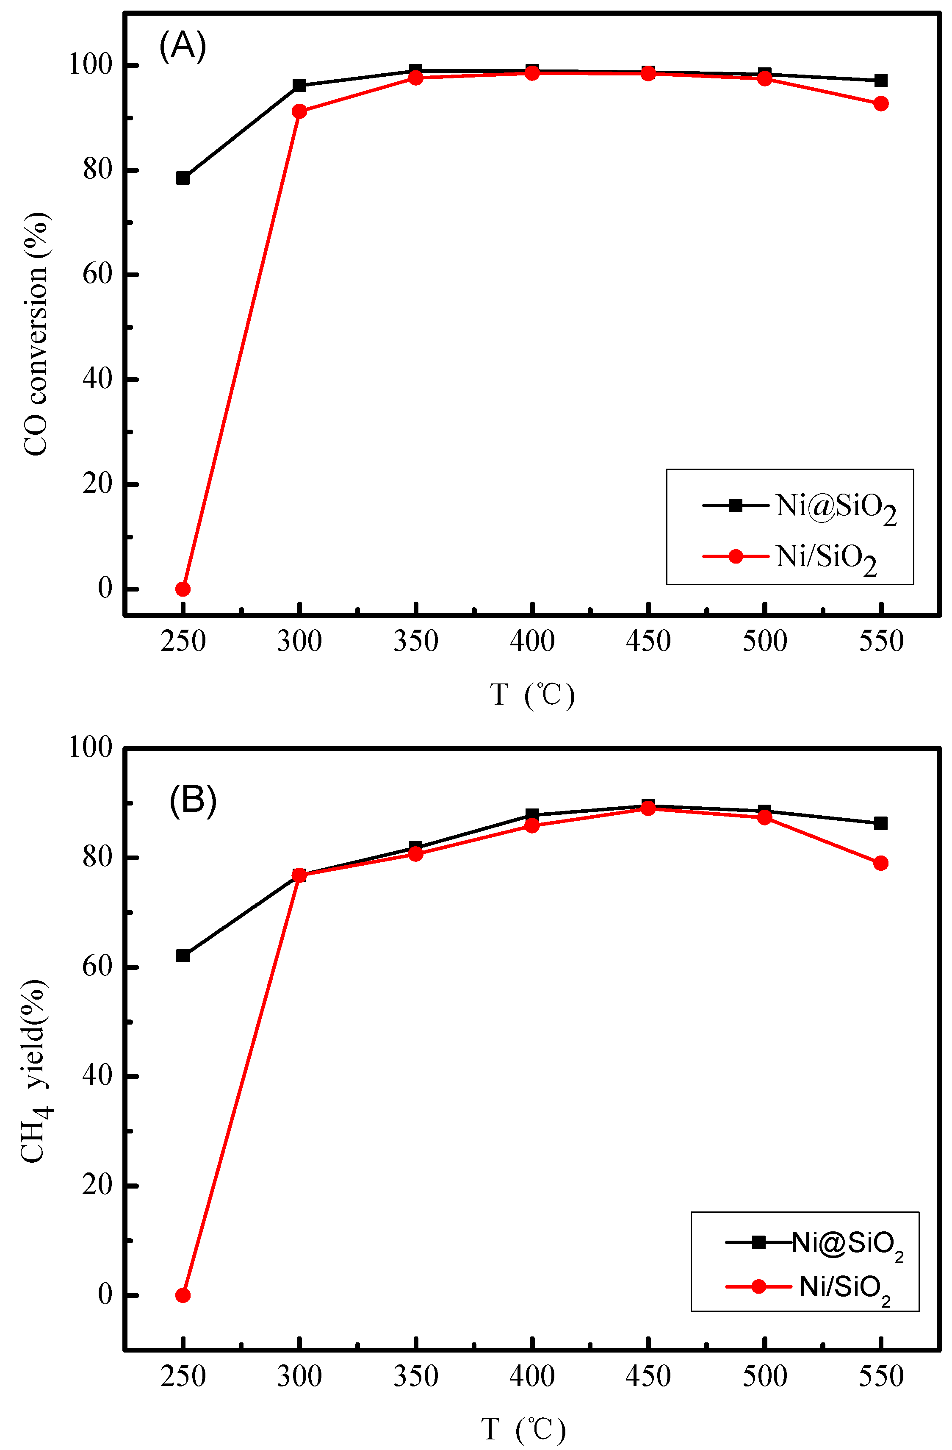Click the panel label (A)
[182, 46]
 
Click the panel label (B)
[192, 800]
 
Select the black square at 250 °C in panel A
[183, 178]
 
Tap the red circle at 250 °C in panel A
[183, 589]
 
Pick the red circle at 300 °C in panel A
[299, 111]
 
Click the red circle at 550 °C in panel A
[881, 103]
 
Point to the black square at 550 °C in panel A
[881, 81]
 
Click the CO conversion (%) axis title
[35, 334]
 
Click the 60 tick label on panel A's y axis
[97, 275]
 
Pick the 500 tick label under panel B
[764, 1376]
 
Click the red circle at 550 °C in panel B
[881, 863]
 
